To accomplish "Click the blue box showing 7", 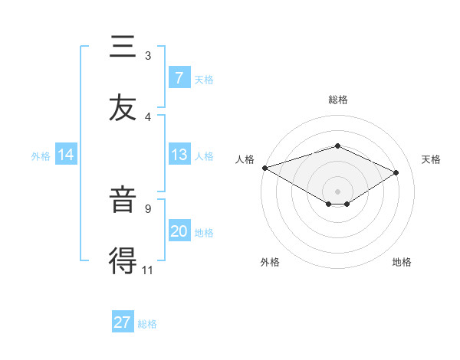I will [x=179, y=77].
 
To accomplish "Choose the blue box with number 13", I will [x=179, y=155].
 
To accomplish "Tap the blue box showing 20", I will [x=179, y=231].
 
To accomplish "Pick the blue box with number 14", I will [x=66, y=155].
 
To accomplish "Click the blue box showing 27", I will [x=123, y=322].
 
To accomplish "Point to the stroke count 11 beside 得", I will [x=147, y=270].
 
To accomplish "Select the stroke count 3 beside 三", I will [x=147, y=55].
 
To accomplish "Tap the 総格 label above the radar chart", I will [x=337, y=100].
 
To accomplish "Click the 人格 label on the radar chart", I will [x=245, y=159].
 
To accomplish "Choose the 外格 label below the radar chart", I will [x=270, y=262].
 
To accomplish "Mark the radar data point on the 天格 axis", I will [x=396, y=172].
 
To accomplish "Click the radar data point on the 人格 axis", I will [x=264, y=168].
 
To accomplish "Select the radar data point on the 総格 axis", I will [x=337, y=146].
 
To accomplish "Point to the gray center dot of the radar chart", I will [x=337, y=191].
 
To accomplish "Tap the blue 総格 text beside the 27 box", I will [x=147, y=324].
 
